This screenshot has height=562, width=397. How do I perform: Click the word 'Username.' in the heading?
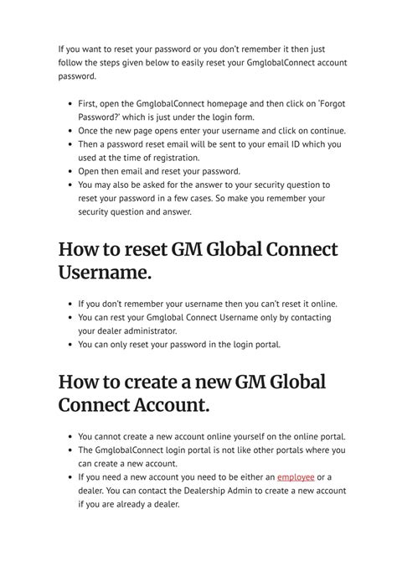pos(109,273)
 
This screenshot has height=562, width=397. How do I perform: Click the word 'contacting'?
pos(306,317)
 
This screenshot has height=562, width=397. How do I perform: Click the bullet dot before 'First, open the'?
pos(68,105)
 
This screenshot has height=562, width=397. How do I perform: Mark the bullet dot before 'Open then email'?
pos(68,171)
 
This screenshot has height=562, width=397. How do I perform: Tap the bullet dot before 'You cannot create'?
pos(68,436)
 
